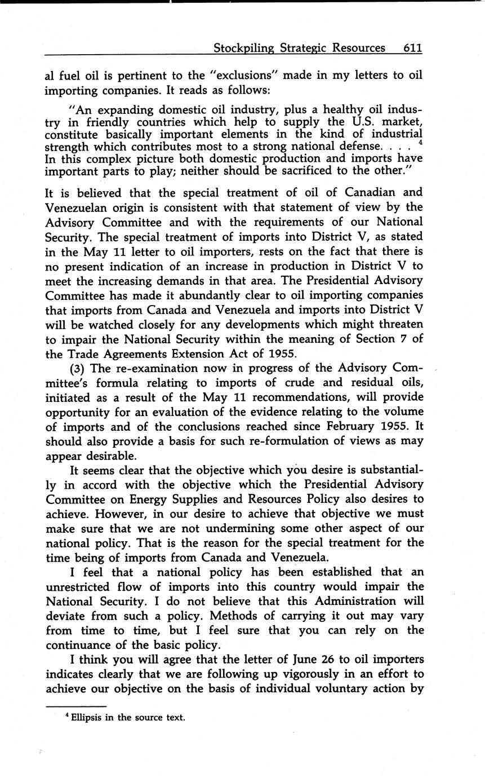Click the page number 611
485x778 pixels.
pyautogui.click(x=412, y=48)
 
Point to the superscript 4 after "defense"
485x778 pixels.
pyautogui.click(x=420, y=144)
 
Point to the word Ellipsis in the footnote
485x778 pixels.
pyautogui.click(x=87, y=718)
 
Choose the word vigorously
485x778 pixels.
pyautogui.click(x=279, y=674)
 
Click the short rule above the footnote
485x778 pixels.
pyautogui.click(x=75, y=706)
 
